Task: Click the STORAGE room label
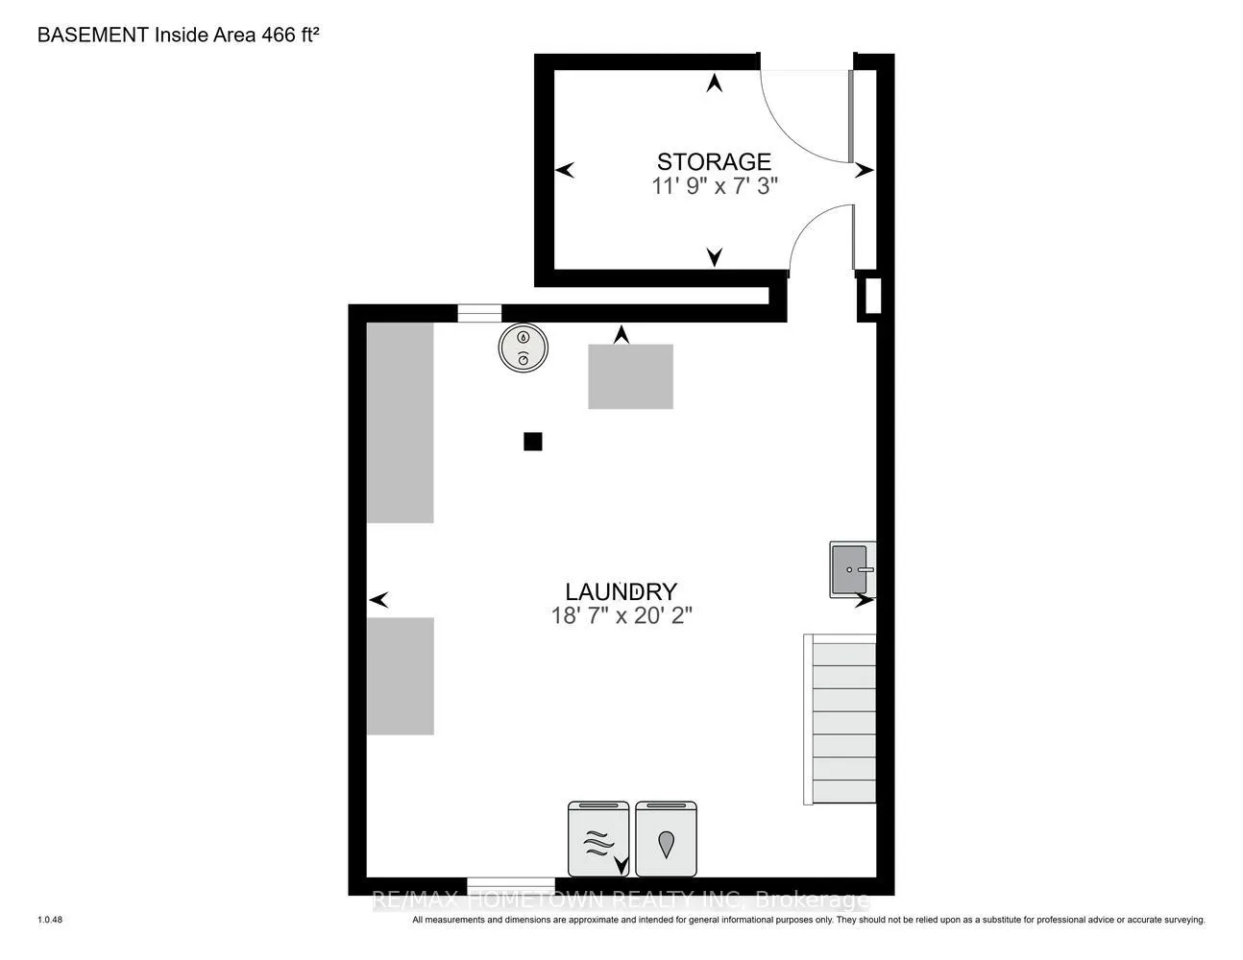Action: point(714,161)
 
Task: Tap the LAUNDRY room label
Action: point(621,591)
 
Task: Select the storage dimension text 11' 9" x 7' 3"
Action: point(715,186)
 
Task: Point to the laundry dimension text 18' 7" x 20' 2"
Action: point(621,615)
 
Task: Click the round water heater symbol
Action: point(524,348)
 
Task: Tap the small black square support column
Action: point(532,442)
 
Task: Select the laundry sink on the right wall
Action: point(852,569)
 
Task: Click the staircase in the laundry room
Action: point(840,719)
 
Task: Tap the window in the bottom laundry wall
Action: point(511,886)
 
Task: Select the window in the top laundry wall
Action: point(479,313)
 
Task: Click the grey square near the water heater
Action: point(630,376)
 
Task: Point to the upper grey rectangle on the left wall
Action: point(400,422)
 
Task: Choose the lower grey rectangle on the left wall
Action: point(400,676)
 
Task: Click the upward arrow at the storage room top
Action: point(714,84)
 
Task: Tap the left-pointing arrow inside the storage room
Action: point(565,170)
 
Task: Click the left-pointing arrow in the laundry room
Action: point(378,600)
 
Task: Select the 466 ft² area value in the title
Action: point(290,35)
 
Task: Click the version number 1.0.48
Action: point(50,920)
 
